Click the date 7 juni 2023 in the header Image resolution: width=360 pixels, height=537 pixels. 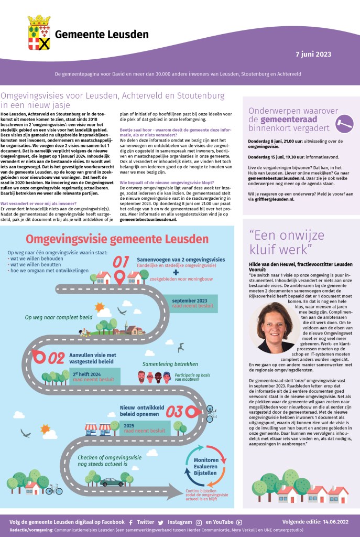tap(313, 53)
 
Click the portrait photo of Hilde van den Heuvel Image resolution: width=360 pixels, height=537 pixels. tap(276, 328)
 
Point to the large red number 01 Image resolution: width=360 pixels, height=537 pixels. tap(121, 262)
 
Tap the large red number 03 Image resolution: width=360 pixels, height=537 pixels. tap(176, 411)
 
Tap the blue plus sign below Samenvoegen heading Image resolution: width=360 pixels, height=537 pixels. tap(176, 273)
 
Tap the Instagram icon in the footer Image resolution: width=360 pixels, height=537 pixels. tap(199, 522)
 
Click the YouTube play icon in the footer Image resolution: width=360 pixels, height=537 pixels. tap(239, 522)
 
